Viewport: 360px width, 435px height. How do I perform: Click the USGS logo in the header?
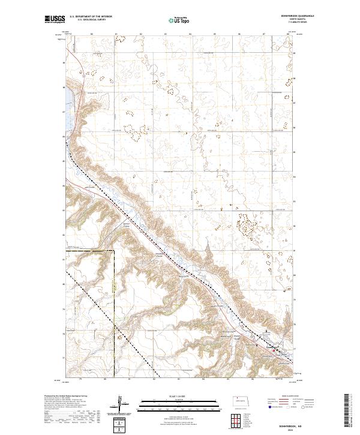55,20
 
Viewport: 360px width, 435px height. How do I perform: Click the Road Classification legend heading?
290,396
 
